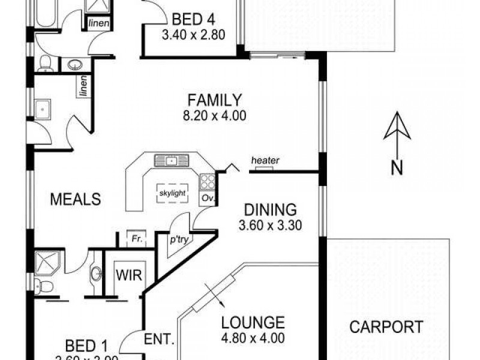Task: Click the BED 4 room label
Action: coord(193,18)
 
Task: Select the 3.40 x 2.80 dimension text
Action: coord(193,35)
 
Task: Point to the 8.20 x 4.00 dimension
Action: coord(214,116)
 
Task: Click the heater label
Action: coord(265,160)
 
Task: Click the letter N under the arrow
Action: coord(396,169)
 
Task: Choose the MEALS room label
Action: coord(74,199)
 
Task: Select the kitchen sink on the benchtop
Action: coord(171,160)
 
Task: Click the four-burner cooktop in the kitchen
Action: coord(208,181)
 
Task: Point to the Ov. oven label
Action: coord(208,197)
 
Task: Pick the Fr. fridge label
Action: coord(136,238)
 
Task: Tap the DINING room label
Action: coord(271,210)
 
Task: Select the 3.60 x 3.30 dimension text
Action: coord(271,226)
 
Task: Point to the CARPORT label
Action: coord(386,327)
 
